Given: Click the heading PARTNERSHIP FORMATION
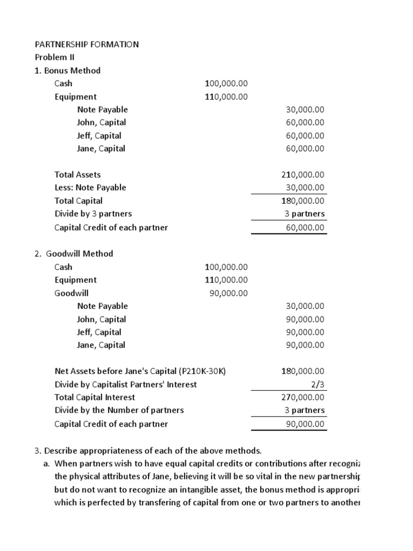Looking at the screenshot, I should click(87, 44).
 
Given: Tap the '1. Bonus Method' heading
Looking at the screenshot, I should click(67, 70).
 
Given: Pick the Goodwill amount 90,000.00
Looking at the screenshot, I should click(228, 293).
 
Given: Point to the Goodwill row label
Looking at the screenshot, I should click(72, 293).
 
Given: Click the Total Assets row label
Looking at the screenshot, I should click(77, 174).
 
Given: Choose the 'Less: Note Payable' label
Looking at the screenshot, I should click(90, 187).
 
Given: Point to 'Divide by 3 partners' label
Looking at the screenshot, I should click(93, 214).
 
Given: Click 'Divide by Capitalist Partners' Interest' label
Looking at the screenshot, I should click(125, 384).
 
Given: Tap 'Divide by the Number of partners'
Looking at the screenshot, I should click(119, 410).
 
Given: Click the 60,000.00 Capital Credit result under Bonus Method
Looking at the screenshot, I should click(305, 227).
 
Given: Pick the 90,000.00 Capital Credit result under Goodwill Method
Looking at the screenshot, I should click(305, 423).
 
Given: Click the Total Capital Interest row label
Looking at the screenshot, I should click(95, 397).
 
